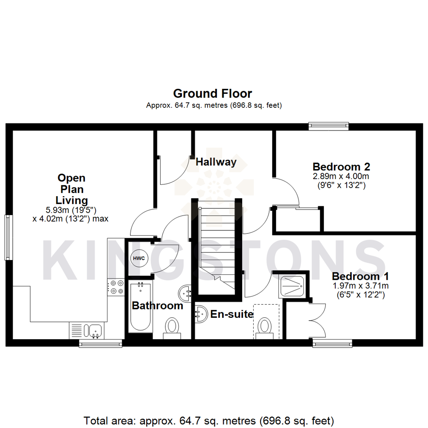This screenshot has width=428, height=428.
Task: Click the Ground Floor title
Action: (x=213, y=94)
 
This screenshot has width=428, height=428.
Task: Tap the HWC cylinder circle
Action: (x=139, y=258)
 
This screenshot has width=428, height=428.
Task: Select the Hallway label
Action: (x=216, y=162)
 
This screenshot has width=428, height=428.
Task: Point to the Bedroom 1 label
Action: (x=360, y=276)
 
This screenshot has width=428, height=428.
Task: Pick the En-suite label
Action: (x=232, y=315)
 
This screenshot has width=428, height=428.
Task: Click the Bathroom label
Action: (x=157, y=306)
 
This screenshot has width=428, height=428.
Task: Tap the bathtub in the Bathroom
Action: (x=140, y=307)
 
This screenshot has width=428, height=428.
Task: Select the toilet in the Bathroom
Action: (x=172, y=328)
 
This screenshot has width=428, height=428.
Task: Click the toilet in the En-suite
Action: (x=264, y=328)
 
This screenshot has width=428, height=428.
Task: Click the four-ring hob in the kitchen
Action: (x=116, y=287)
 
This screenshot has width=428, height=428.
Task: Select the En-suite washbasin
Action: (x=201, y=314)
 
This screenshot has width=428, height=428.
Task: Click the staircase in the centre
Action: (x=216, y=246)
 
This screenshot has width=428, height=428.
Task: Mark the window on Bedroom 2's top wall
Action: (x=329, y=126)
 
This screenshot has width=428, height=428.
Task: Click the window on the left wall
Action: (x=8, y=237)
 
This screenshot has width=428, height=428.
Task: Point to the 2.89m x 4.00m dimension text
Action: (x=341, y=176)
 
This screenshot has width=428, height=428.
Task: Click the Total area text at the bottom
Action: (x=209, y=420)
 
